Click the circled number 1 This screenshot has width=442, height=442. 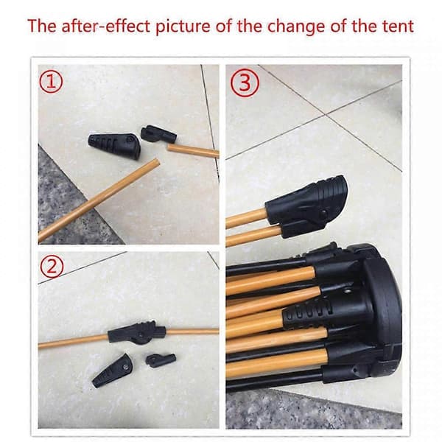(51, 82)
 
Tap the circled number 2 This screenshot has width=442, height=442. (52, 267)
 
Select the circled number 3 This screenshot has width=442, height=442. (245, 83)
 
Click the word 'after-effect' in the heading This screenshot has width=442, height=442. (105, 27)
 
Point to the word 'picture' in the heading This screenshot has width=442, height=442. (183, 27)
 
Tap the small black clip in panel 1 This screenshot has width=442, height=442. (158, 134)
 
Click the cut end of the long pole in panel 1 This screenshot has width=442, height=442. (156, 163)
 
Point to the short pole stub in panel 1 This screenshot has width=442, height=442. (193, 150)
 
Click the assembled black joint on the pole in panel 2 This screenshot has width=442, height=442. (136, 332)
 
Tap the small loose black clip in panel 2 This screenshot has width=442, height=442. (161, 360)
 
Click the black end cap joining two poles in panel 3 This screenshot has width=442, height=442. (306, 206)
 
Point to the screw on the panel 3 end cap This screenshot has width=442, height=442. (324, 212)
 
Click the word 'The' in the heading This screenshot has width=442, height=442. (42, 26)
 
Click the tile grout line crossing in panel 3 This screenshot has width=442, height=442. (326, 114)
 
